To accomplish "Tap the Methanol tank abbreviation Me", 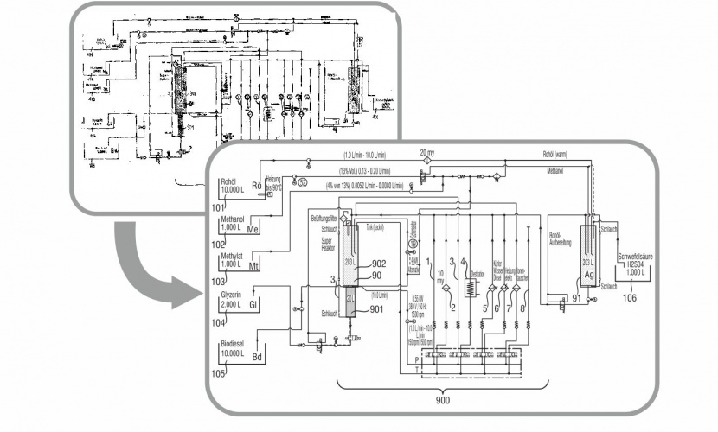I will [253, 230].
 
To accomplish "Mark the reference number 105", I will [221, 373].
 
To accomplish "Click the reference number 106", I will [630, 300].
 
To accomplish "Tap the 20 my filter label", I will [426, 152].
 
